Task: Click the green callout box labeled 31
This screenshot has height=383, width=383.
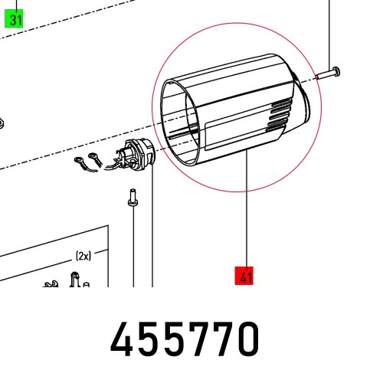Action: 14,18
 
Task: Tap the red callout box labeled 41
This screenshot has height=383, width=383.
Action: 244,276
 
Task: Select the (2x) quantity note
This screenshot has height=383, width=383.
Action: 83,256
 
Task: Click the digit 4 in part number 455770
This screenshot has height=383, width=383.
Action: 121,339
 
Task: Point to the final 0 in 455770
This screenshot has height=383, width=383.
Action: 247,339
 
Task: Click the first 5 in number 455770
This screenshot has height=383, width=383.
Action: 148,339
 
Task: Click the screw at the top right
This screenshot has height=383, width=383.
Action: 329,74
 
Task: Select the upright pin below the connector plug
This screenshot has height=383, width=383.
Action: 133,198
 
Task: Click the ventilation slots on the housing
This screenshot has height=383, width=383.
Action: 280,116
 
